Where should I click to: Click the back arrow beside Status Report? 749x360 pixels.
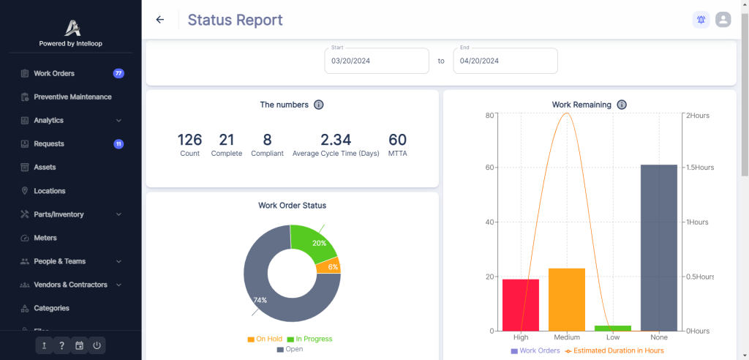[160, 20]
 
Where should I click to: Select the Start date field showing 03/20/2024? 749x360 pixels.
[377, 61]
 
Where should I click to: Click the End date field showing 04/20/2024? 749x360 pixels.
[505, 61]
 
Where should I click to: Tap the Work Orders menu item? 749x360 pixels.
[53, 73]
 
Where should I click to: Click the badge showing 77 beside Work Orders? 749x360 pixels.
[118, 73]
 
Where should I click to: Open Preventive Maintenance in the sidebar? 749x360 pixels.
[72, 97]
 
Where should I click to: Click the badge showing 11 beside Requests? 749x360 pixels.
[118, 144]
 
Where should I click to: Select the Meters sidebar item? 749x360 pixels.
[45, 238]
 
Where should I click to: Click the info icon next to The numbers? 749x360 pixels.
[318, 105]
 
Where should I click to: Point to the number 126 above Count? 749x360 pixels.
[189, 140]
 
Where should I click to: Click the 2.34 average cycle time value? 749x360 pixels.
[336, 140]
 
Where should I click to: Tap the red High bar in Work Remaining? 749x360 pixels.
[521, 305]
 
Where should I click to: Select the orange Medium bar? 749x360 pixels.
[567, 299]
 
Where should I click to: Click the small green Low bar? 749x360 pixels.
[613, 328]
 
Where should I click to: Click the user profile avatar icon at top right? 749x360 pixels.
[723, 20]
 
